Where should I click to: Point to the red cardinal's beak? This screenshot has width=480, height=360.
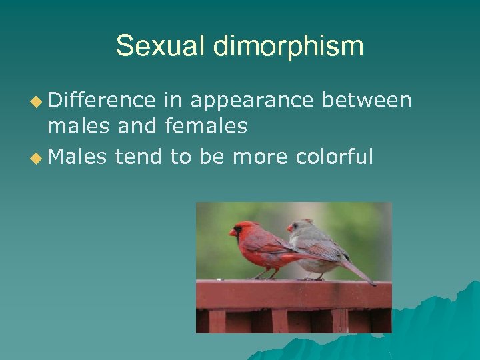233,233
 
